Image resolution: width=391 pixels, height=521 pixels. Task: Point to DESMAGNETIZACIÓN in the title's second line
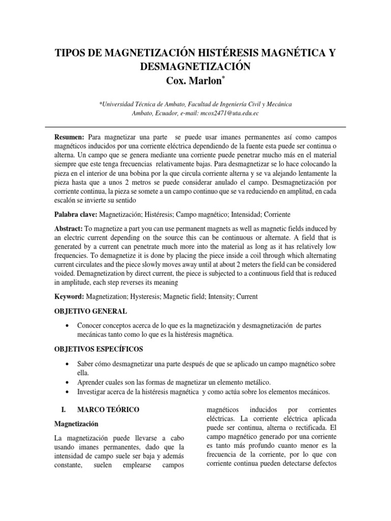pos(195,67)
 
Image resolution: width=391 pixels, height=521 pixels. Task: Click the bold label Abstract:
pos(68,229)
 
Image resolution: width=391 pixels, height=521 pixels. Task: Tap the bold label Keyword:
pos(69,296)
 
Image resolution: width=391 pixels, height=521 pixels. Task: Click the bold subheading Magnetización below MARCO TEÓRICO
pos(77,423)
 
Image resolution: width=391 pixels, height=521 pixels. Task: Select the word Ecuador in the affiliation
pos(161,113)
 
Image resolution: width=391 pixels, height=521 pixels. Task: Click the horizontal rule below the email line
pos(195,127)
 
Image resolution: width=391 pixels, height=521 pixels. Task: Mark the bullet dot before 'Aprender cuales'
pos(68,382)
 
